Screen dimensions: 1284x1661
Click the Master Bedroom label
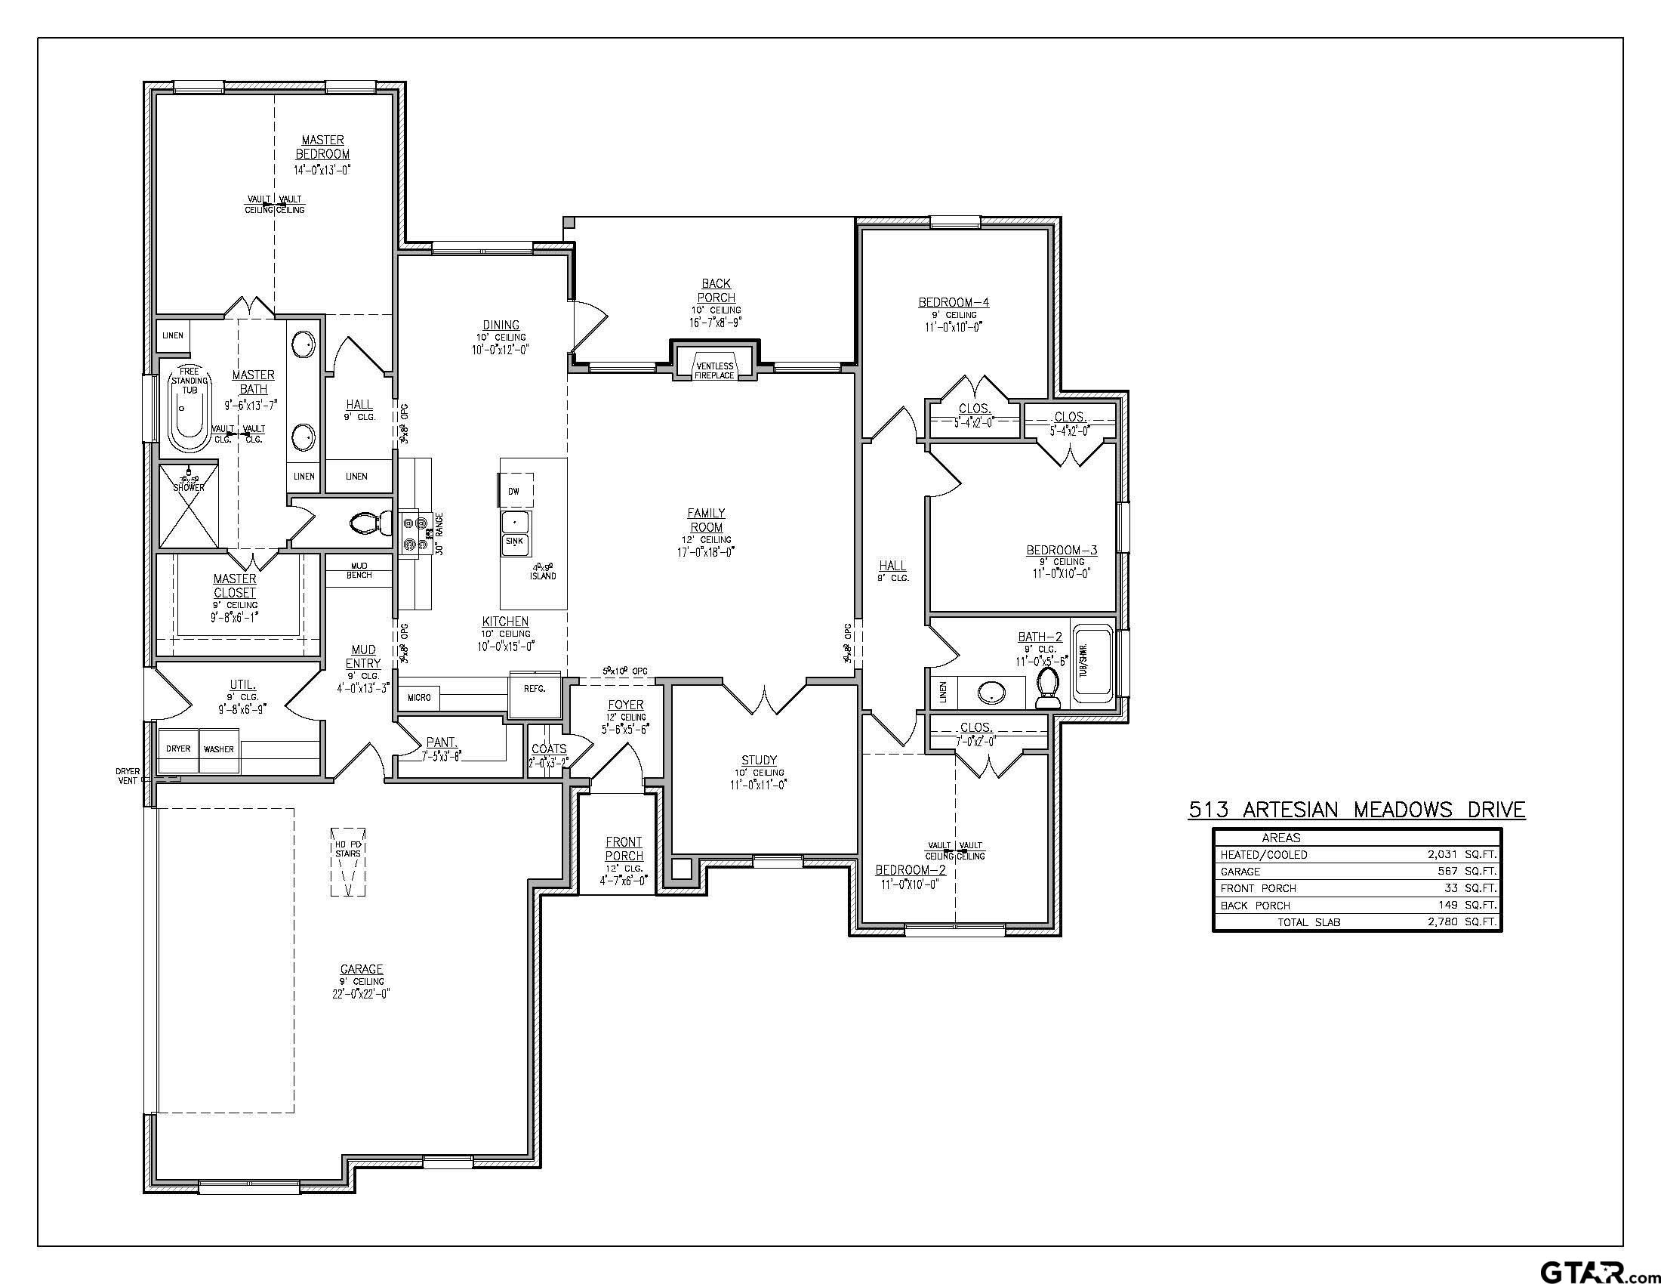[x=322, y=147]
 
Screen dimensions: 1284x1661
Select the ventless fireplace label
[x=714, y=370]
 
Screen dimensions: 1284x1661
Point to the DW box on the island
[x=515, y=491]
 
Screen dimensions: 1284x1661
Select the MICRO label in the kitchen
[x=419, y=697]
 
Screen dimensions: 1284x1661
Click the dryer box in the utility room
[x=178, y=748]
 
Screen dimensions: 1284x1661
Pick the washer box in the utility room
[x=219, y=749]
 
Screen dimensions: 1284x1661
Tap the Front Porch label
[x=624, y=849]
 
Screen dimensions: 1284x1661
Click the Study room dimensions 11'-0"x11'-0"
[x=758, y=785]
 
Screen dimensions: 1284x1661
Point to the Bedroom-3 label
[x=1061, y=550]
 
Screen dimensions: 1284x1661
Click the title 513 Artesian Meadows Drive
[x=1356, y=810]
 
